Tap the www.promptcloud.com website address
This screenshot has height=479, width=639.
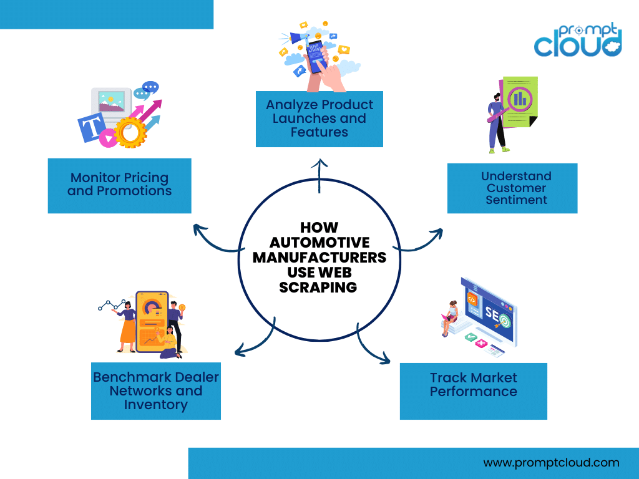tap(551, 463)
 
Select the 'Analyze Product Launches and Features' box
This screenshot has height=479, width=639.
tap(319, 119)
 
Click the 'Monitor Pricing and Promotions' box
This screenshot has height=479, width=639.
tap(119, 185)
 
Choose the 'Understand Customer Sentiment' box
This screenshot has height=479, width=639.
tap(512, 188)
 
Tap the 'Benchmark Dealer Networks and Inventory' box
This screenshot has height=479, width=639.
tap(156, 391)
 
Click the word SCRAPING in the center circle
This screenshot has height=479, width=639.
tap(318, 287)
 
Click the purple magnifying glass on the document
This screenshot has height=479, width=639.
tap(517, 100)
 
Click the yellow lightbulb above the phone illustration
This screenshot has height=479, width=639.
tap(182, 307)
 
